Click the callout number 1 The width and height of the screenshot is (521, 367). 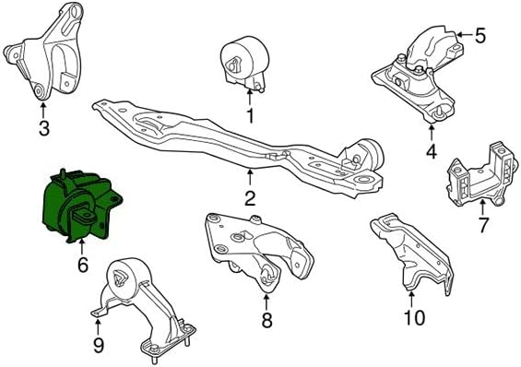250,116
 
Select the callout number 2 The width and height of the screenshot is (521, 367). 250,198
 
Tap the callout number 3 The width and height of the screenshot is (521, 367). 44,128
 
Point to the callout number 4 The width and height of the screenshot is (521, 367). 432,151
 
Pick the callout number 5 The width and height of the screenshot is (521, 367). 480,35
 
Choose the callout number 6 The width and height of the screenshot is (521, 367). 83,265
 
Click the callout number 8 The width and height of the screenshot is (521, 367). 266,320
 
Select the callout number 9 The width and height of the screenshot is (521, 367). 99,345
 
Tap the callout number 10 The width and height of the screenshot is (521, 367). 414,317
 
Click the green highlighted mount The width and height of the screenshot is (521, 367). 81,206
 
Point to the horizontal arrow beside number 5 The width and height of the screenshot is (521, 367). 464,34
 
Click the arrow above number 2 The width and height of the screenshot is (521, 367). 250,177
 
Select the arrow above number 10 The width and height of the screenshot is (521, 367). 411,299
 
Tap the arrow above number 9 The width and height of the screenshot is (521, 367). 98,326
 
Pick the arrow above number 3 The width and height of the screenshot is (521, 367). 42,110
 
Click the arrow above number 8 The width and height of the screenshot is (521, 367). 266,302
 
